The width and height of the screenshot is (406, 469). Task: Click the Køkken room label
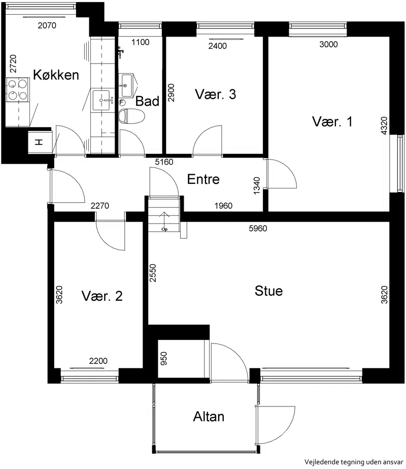56,75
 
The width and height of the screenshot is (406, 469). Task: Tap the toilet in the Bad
131,116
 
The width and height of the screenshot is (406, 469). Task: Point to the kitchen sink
103,100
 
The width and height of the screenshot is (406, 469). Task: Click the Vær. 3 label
215,94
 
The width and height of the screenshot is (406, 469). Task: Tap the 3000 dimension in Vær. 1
328,44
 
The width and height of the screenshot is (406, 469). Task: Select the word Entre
203,179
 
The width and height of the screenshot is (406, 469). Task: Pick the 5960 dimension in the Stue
258,228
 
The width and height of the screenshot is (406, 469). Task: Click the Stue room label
268,291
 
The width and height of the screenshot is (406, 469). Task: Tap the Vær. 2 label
102,296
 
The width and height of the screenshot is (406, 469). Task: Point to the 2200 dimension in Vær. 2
98,361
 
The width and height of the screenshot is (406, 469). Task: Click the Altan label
209,416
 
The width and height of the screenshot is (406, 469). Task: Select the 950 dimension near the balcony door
164,358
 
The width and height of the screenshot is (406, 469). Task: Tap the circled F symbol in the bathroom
122,102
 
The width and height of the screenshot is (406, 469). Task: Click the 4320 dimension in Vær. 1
384,126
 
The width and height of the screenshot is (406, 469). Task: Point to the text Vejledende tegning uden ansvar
354,462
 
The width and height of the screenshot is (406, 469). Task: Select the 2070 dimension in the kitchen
47,25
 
